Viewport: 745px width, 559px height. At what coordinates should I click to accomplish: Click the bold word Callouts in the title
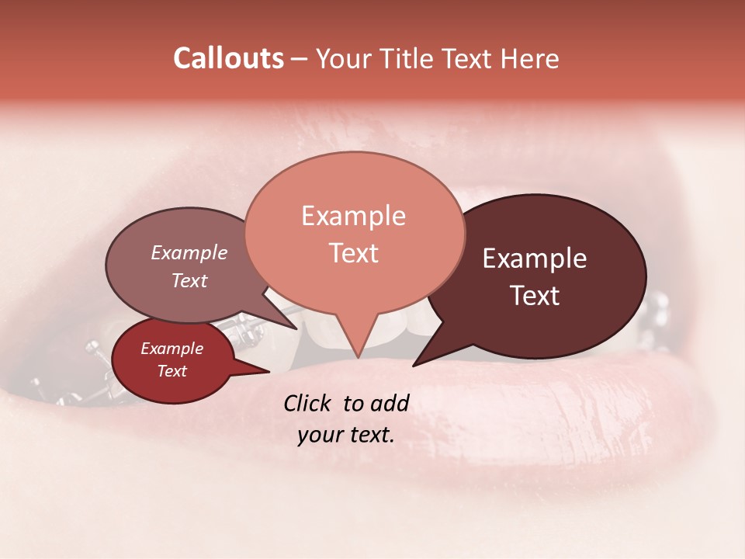[x=228, y=58]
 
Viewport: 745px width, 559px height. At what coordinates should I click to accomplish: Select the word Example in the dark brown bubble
[x=535, y=259]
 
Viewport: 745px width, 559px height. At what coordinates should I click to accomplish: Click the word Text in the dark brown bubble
[x=535, y=296]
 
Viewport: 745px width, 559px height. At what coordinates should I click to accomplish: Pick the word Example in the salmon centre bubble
[x=353, y=216]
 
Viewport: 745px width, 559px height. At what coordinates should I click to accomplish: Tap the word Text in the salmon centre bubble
[x=353, y=253]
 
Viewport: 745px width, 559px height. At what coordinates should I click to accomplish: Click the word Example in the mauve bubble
[x=189, y=252]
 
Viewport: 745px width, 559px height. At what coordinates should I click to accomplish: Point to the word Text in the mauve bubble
[x=189, y=280]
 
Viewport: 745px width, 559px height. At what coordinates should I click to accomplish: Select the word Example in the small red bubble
[x=172, y=349]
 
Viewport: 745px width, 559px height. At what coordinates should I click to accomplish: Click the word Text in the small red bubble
[x=172, y=371]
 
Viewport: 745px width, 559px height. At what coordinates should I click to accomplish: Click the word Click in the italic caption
[x=308, y=403]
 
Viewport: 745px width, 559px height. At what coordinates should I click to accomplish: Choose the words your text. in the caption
[x=346, y=435]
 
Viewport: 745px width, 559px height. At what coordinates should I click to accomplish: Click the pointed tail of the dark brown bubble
[x=416, y=363]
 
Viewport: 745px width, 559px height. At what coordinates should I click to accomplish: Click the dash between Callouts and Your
[x=300, y=59]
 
